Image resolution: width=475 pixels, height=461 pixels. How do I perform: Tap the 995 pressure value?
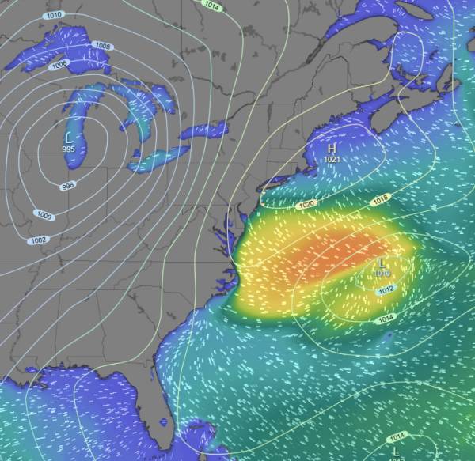pyautogui.click(x=69, y=149)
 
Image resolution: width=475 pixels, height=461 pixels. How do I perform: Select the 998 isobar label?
pyautogui.click(x=69, y=187)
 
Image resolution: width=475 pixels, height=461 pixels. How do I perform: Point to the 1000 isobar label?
pyautogui.click(x=44, y=215)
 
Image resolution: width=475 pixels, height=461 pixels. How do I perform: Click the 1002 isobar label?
pyautogui.click(x=37, y=240)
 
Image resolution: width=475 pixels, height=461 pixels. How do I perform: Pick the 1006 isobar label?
pyautogui.click(x=59, y=65)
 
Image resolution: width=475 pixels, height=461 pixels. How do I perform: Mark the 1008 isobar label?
pyautogui.click(x=103, y=47)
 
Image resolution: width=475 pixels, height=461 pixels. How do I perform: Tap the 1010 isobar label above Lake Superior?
pyautogui.click(x=54, y=15)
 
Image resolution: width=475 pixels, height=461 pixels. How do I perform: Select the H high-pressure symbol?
pyautogui.click(x=332, y=149)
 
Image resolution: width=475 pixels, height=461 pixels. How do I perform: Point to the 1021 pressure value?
pyautogui.click(x=332, y=160)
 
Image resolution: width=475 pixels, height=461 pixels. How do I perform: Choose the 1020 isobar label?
pyautogui.click(x=307, y=205)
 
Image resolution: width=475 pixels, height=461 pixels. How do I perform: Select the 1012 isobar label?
pyautogui.click(x=386, y=290)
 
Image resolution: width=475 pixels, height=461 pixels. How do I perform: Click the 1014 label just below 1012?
pyautogui.click(x=385, y=318)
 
